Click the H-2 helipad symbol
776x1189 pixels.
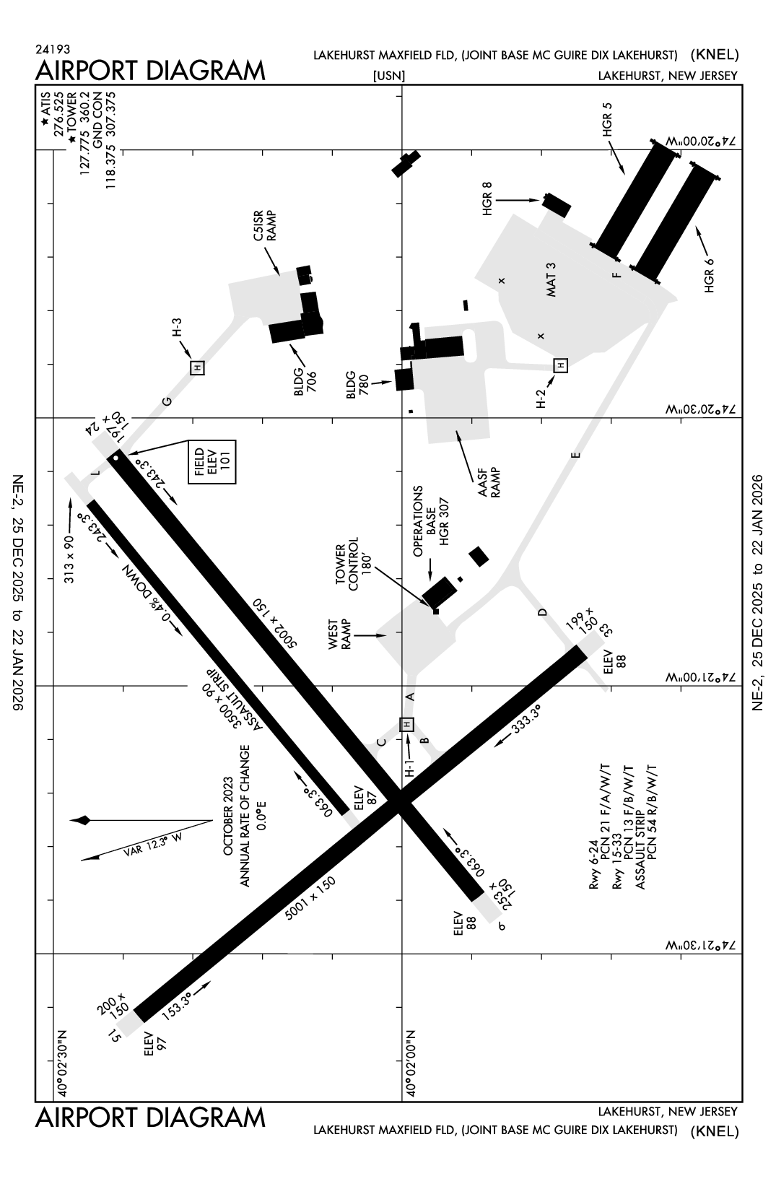pos(560,365)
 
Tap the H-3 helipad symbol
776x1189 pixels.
pos(197,367)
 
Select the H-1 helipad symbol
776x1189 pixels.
pos(407,723)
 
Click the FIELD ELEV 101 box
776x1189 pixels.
pos(212,462)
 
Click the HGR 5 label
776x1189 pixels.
pos(607,120)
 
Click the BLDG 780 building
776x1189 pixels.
pos(404,380)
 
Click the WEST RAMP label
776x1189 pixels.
pos(340,635)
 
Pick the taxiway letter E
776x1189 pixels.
pos(575,455)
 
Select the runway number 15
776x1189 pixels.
pos(113,1037)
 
